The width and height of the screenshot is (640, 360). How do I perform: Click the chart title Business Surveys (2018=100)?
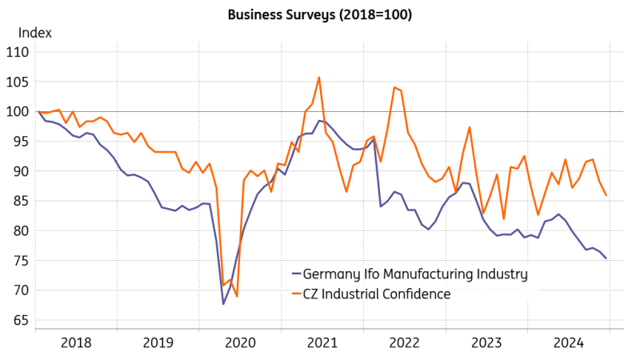coord(319,14)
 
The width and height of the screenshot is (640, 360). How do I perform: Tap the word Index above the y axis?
coord(35,33)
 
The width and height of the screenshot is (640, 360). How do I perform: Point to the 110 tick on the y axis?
coord(17,52)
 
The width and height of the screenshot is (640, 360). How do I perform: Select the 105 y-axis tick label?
coord(17,82)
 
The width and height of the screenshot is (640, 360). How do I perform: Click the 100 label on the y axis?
coord(17,111)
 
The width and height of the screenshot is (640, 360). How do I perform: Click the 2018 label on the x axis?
coord(77,342)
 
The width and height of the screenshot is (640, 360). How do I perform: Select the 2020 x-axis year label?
coord(241,342)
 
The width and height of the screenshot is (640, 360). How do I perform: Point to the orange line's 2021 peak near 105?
coord(319,78)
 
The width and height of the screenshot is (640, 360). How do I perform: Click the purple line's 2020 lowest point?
coord(223,304)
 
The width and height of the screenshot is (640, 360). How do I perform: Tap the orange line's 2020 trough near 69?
coord(237,296)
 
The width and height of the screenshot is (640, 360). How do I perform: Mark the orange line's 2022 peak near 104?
coord(394,87)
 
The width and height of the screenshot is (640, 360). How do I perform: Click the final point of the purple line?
coord(605,258)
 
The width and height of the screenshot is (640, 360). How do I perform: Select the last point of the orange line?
coord(606,195)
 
